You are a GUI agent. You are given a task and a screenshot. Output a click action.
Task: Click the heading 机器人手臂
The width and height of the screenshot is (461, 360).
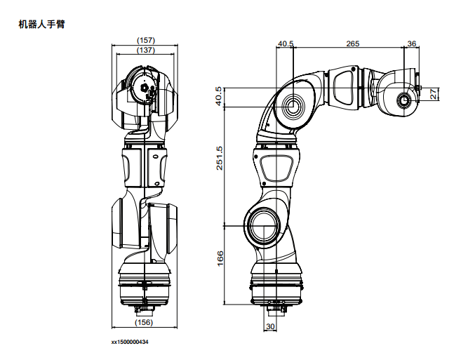(41, 24)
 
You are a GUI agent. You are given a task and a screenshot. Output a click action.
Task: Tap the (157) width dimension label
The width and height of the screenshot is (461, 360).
(146, 40)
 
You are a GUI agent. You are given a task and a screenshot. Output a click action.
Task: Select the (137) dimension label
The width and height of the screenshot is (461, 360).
(146, 50)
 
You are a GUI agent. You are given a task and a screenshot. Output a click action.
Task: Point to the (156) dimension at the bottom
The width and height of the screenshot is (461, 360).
(144, 322)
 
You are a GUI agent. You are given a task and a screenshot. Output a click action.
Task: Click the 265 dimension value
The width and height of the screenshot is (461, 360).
(352, 44)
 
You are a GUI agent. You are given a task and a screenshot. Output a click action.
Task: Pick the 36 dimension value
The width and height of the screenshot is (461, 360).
(412, 44)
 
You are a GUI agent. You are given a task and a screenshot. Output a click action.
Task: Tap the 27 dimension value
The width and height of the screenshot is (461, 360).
(434, 95)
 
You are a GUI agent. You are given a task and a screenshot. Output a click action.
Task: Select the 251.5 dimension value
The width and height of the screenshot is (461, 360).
(220, 158)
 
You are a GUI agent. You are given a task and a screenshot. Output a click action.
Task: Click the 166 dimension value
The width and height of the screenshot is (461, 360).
(220, 258)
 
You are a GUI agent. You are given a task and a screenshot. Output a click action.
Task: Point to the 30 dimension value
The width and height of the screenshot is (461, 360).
(270, 326)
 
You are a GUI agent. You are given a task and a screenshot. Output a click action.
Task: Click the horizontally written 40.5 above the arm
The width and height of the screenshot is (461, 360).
(286, 44)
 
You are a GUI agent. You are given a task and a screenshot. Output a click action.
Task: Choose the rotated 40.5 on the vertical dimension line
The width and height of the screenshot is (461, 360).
(219, 96)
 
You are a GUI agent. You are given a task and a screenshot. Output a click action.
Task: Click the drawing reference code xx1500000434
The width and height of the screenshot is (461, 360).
(130, 342)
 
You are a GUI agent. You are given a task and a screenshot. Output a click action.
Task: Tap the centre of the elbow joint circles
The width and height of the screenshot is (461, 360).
(293, 107)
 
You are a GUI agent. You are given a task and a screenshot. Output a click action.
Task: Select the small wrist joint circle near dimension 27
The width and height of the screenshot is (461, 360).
(404, 100)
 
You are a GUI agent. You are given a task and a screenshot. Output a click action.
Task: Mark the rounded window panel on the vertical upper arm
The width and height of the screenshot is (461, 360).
(276, 168)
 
